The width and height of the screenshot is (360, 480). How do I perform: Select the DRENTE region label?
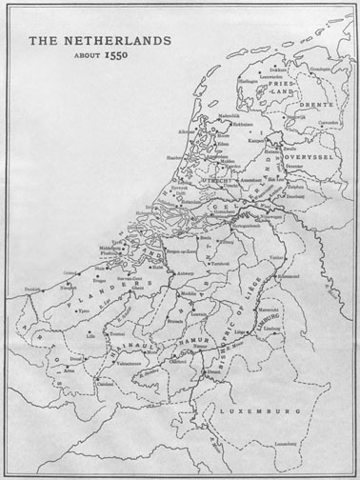click(316, 107)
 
